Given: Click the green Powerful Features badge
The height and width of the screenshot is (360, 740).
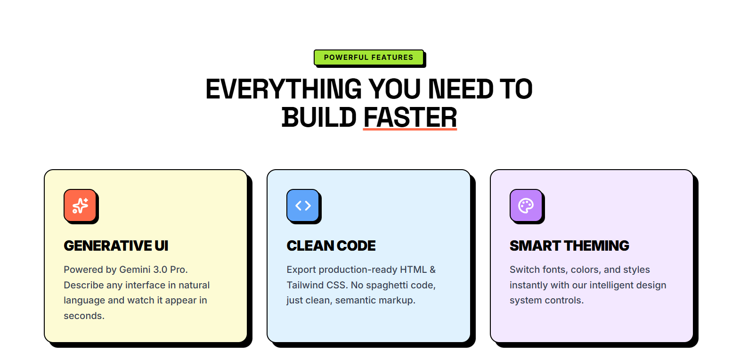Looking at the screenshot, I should (368, 57).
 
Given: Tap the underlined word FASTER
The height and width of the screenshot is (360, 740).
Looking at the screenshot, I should (410, 117).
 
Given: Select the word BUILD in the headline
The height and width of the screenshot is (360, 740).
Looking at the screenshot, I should (319, 117).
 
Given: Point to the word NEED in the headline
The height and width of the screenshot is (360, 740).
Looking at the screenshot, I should (460, 89).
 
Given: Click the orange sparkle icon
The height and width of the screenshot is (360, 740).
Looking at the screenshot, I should (80, 205).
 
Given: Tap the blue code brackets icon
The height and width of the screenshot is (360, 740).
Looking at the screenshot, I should (303, 205).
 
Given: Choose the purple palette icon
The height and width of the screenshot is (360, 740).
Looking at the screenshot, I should (526, 205).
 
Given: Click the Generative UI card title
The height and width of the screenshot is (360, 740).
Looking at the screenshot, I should (116, 245).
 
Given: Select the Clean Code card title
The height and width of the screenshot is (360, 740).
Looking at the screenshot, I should (331, 245).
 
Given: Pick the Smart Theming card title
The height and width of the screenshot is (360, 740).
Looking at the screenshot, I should (569, 245).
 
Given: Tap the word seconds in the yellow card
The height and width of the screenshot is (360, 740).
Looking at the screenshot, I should (84, 316).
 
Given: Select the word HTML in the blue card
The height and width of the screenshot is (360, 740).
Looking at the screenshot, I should (413, 270).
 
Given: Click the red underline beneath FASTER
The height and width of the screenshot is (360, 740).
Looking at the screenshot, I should (410, 129).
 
